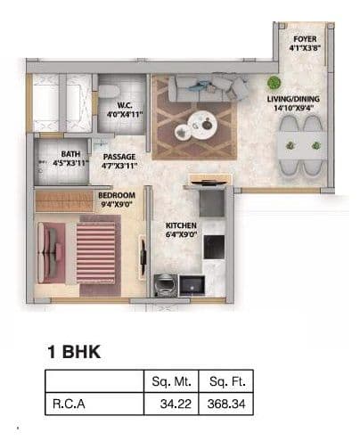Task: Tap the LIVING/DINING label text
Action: (299, 101)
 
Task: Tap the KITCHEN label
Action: (181, 225)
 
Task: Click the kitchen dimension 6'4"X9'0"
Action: (181, 236)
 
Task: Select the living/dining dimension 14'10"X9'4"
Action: (299, 110)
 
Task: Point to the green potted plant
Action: (274, 83)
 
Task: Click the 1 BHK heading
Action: (73, 352)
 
